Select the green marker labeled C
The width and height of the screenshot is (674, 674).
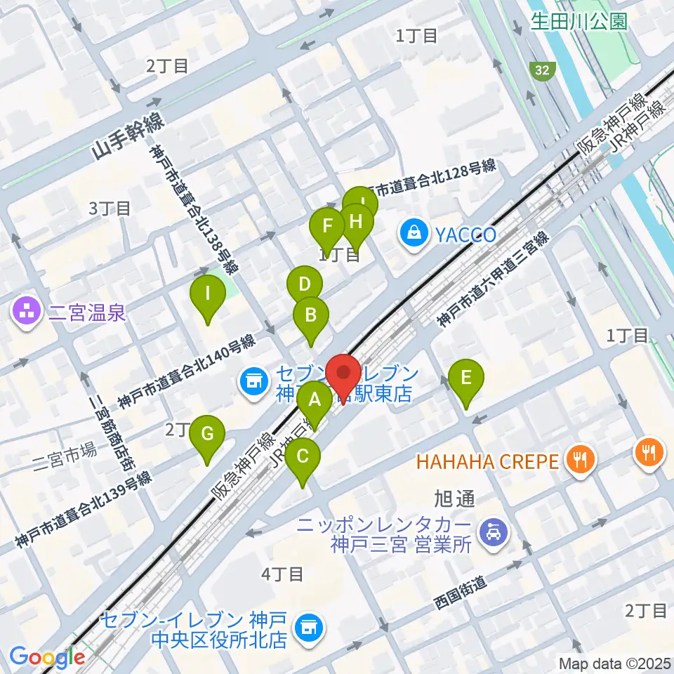303,457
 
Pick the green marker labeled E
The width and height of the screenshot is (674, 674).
467,378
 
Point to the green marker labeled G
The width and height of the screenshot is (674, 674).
207,434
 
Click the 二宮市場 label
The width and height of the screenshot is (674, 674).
65,450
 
